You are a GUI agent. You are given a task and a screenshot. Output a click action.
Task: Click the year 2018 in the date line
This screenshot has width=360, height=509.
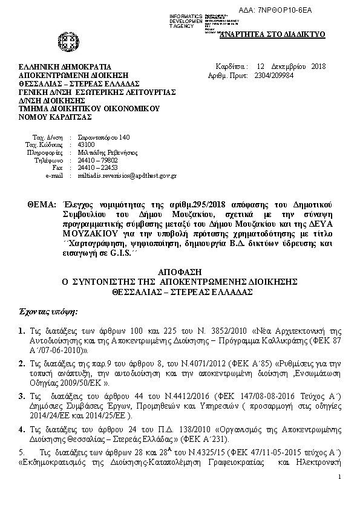pos(318,66)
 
